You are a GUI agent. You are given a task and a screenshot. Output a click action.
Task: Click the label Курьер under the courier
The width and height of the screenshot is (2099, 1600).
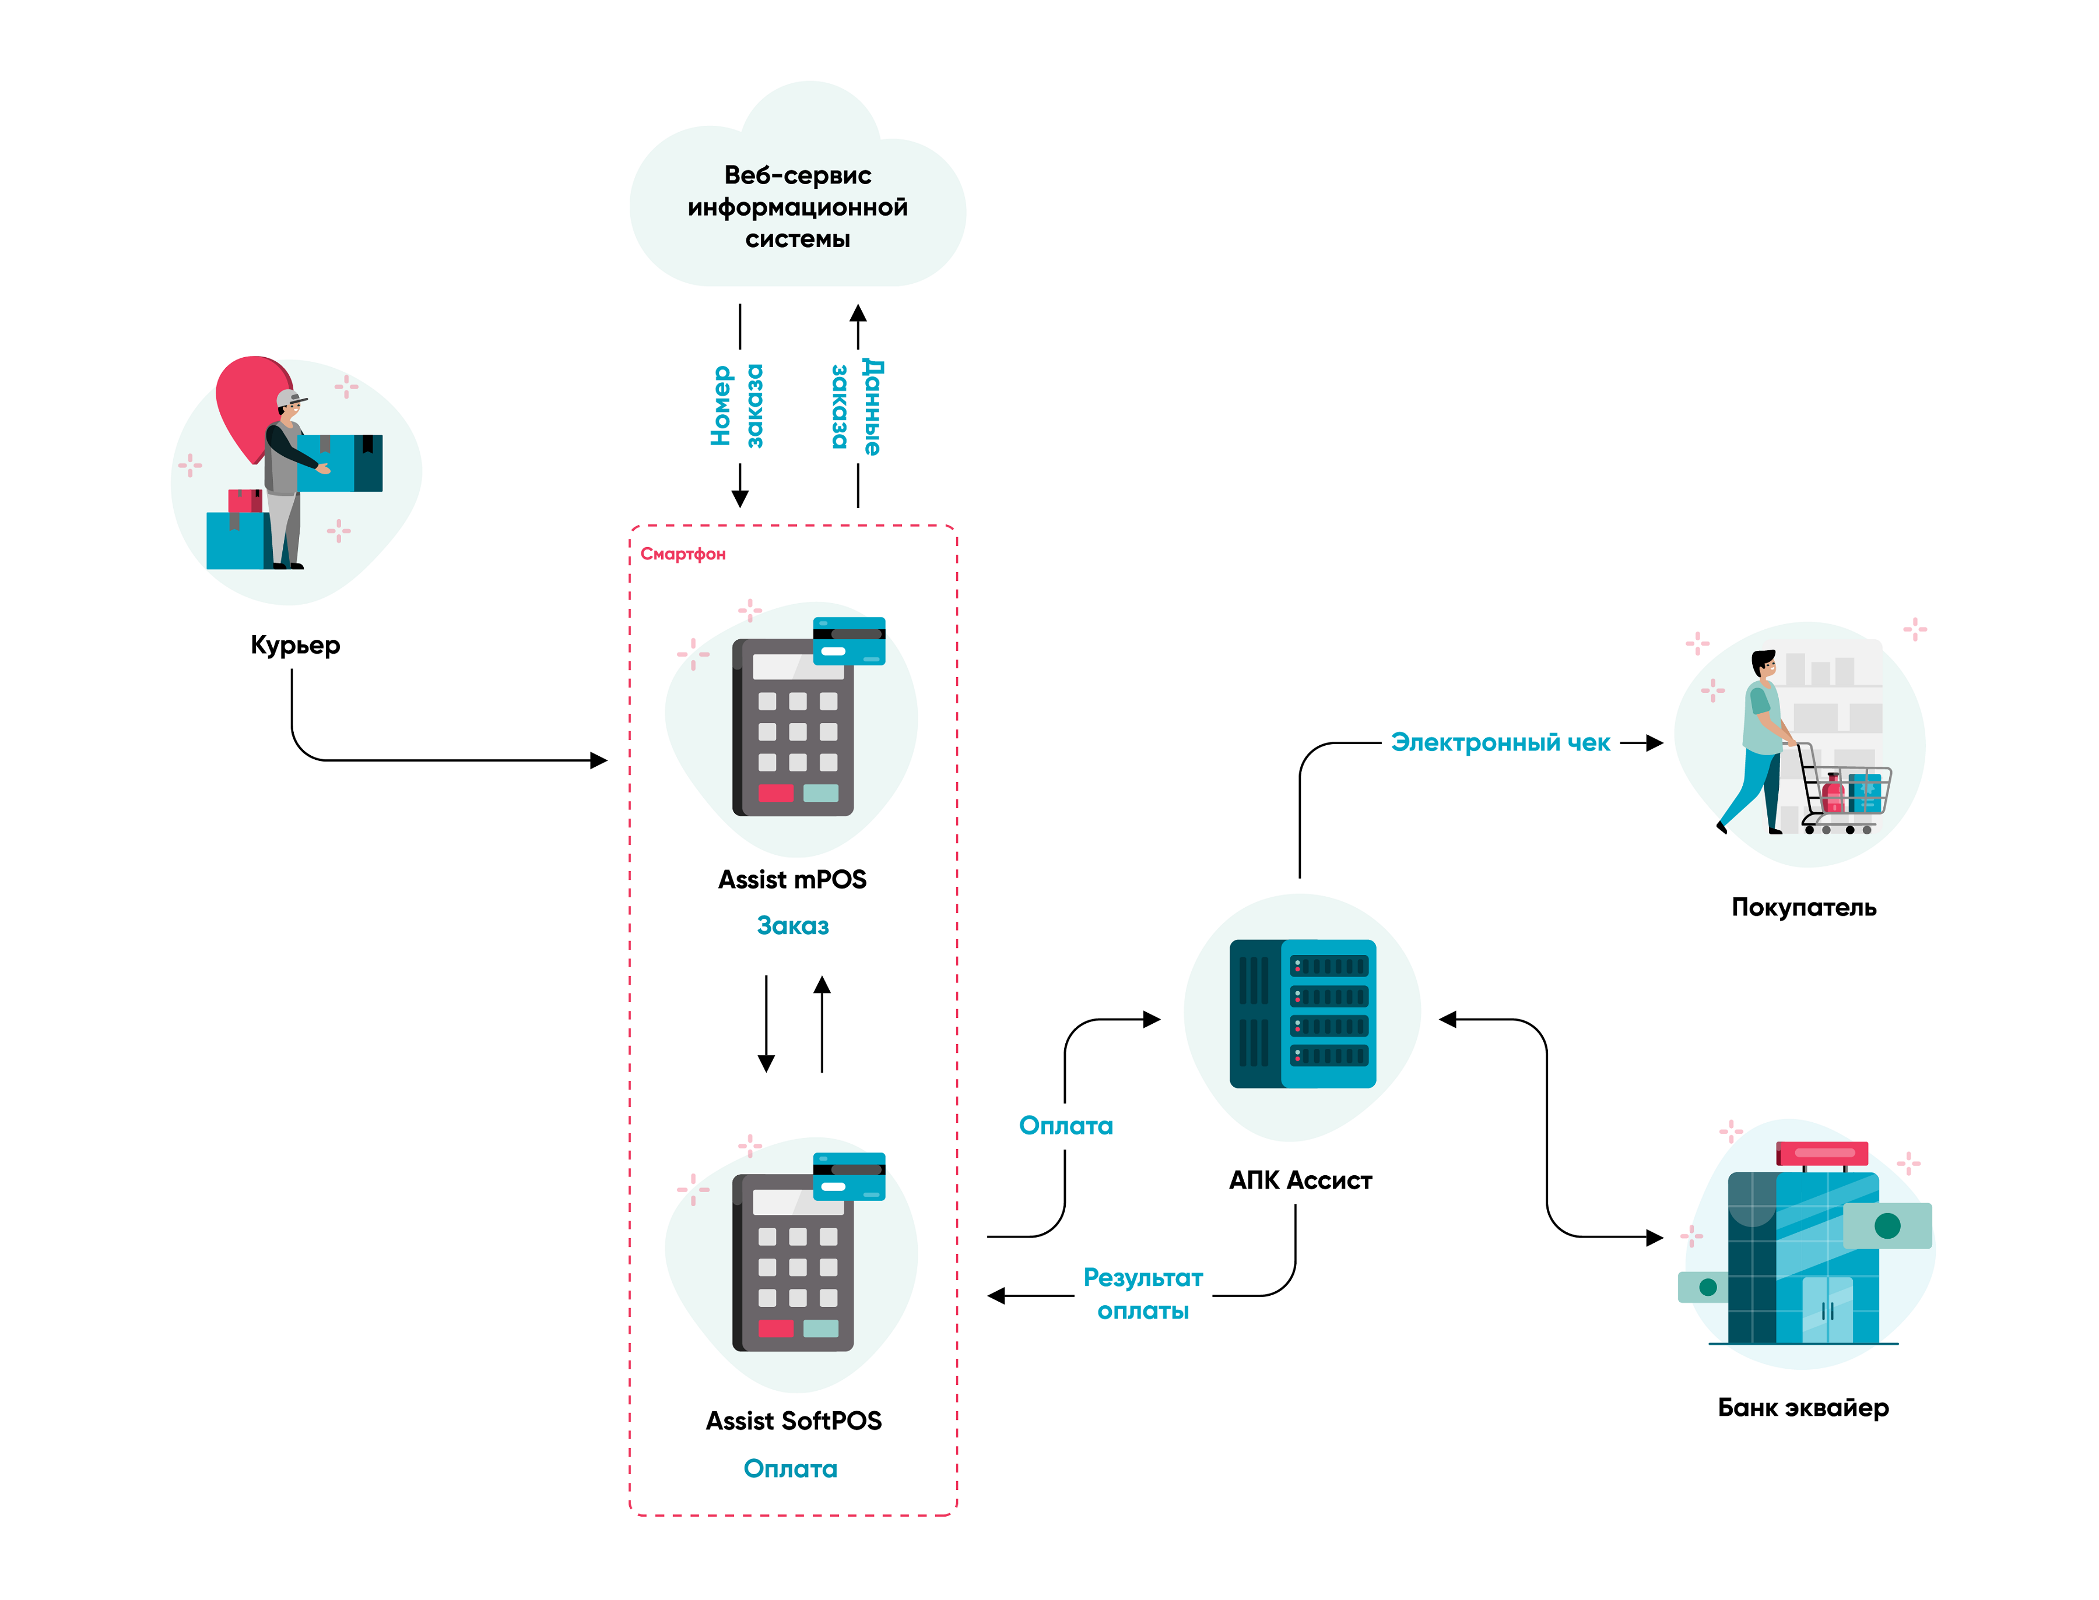294,645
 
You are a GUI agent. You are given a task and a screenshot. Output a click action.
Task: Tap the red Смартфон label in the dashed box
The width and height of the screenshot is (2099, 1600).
682,554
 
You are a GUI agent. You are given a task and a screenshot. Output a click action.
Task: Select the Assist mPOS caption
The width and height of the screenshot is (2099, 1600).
792,880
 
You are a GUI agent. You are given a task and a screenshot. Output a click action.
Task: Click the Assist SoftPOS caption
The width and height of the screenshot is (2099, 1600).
793,1421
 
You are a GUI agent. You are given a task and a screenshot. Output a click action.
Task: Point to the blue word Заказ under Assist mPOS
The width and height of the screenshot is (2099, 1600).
792,926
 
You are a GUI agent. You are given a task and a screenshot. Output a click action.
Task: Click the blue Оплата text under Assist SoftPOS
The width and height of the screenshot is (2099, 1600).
790,1468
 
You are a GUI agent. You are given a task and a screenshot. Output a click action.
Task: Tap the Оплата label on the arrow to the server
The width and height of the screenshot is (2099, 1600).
1065,1126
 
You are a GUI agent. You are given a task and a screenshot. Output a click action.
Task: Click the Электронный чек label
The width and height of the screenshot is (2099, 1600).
1500,743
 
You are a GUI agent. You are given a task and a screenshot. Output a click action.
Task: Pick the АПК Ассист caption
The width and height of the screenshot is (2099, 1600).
1300,1181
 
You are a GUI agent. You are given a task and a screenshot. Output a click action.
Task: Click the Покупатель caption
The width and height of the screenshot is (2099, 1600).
1803,908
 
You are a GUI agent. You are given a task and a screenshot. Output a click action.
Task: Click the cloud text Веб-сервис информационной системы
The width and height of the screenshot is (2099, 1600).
798,207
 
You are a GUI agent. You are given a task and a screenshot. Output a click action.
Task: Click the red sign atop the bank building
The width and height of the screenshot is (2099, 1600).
1821,1153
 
